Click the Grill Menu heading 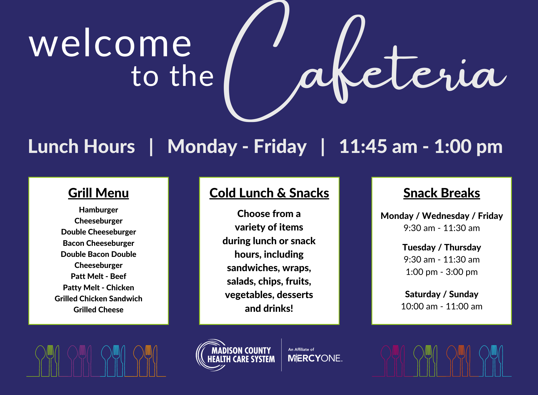[x=98, y=193]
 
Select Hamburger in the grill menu [x=98, y=210]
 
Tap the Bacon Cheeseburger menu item [x=98, y=243]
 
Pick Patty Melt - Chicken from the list [x=98, y=288]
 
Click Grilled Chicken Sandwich [x=98, y=299]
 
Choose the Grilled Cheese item [x=98, y=310]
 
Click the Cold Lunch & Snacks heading [x=269, y=193]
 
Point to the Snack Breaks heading [x=442, y=193]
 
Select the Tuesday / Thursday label [x=442, y=247]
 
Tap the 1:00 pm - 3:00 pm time [x=442, y=272]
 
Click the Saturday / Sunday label [x=442, y=294]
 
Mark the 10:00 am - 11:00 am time [x=442, y=306]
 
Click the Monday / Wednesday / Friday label [x=442, y=216]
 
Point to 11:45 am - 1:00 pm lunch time [x=421, y=147]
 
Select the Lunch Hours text [x=82, y=147]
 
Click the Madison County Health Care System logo [x=236, y=355]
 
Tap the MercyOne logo [x=315, y=355]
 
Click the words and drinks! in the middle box [x=269, y=309]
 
